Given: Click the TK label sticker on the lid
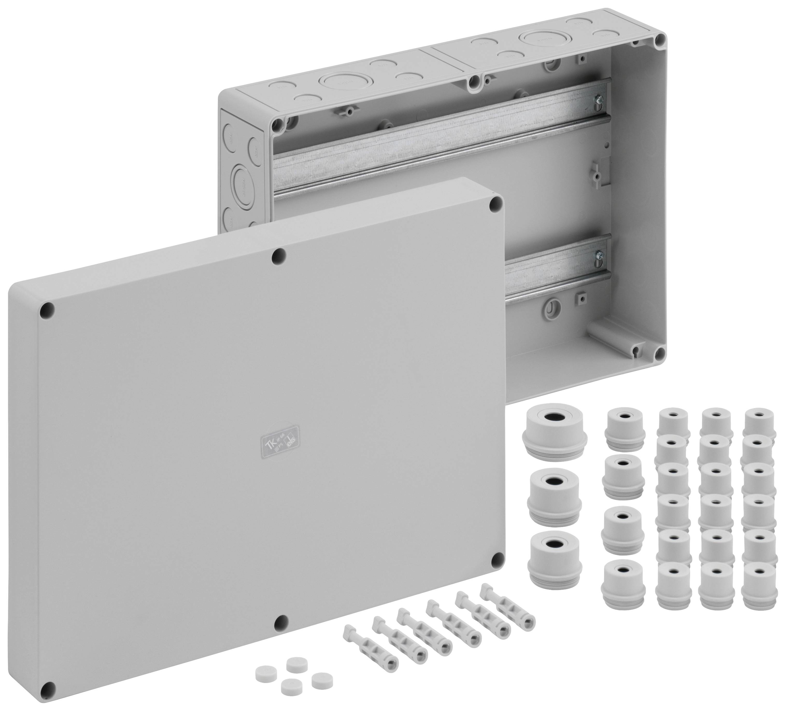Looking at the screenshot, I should [280, 444].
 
